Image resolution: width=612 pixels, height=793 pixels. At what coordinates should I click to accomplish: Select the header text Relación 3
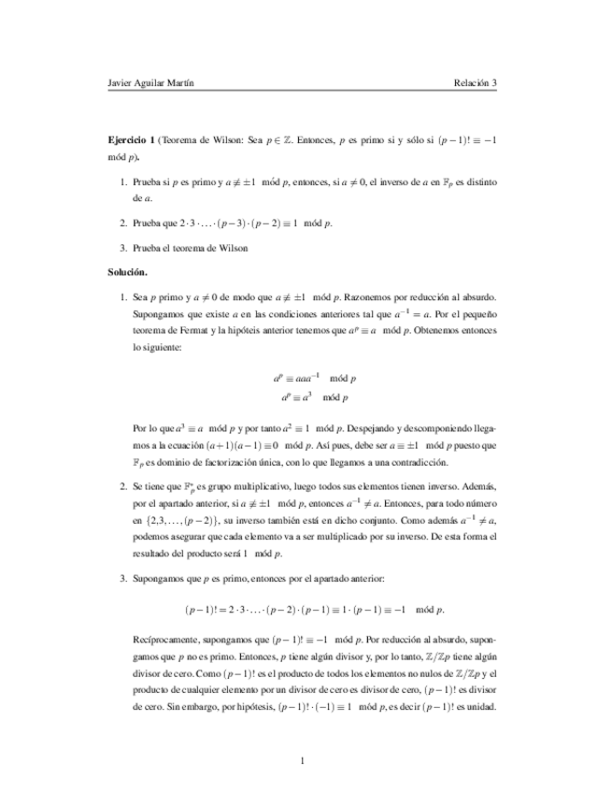(475, 82)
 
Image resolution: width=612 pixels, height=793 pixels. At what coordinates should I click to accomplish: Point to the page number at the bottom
(305, 759)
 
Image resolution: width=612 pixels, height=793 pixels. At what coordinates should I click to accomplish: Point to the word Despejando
(379, 429)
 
